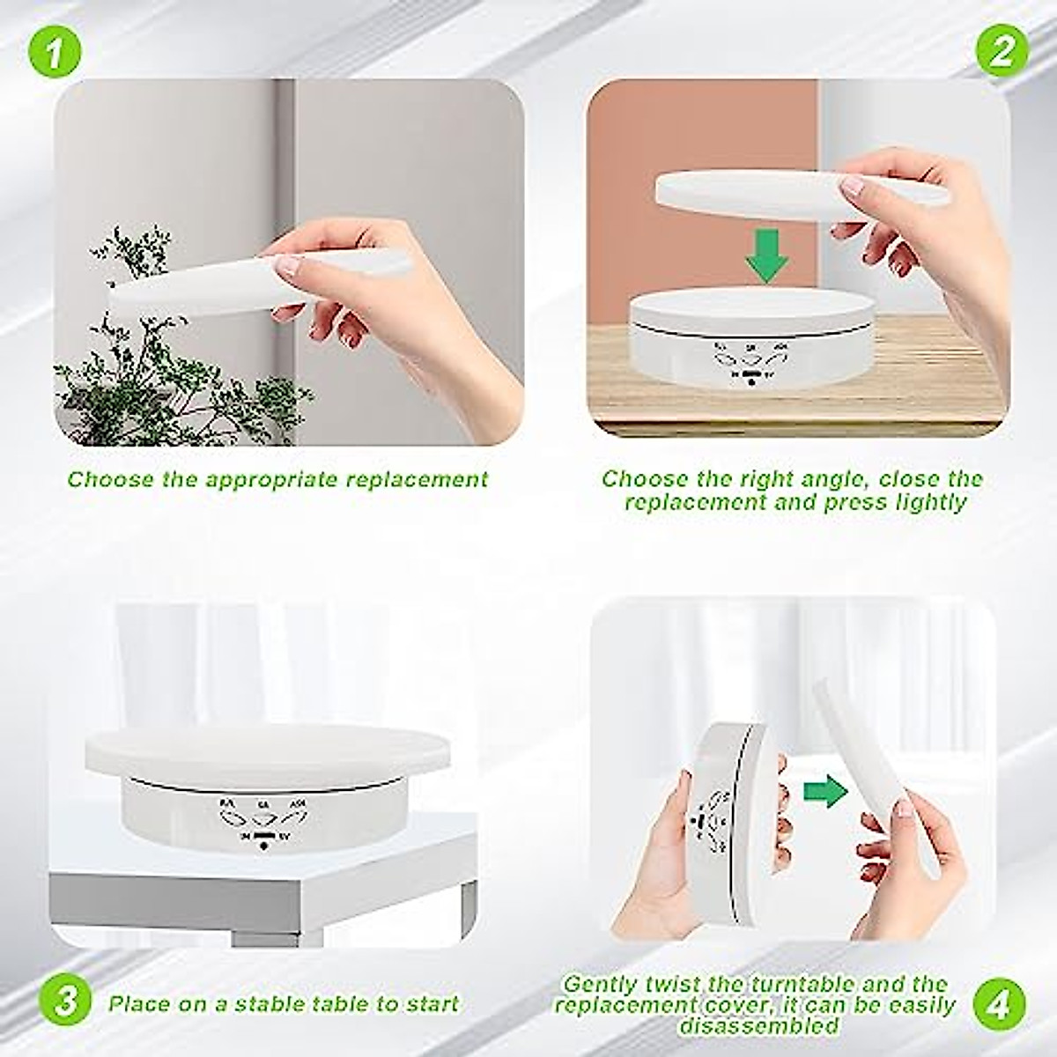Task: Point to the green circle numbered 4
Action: (x=1001, y=1005)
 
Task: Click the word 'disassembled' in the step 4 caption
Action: (x=758, y=1026)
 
